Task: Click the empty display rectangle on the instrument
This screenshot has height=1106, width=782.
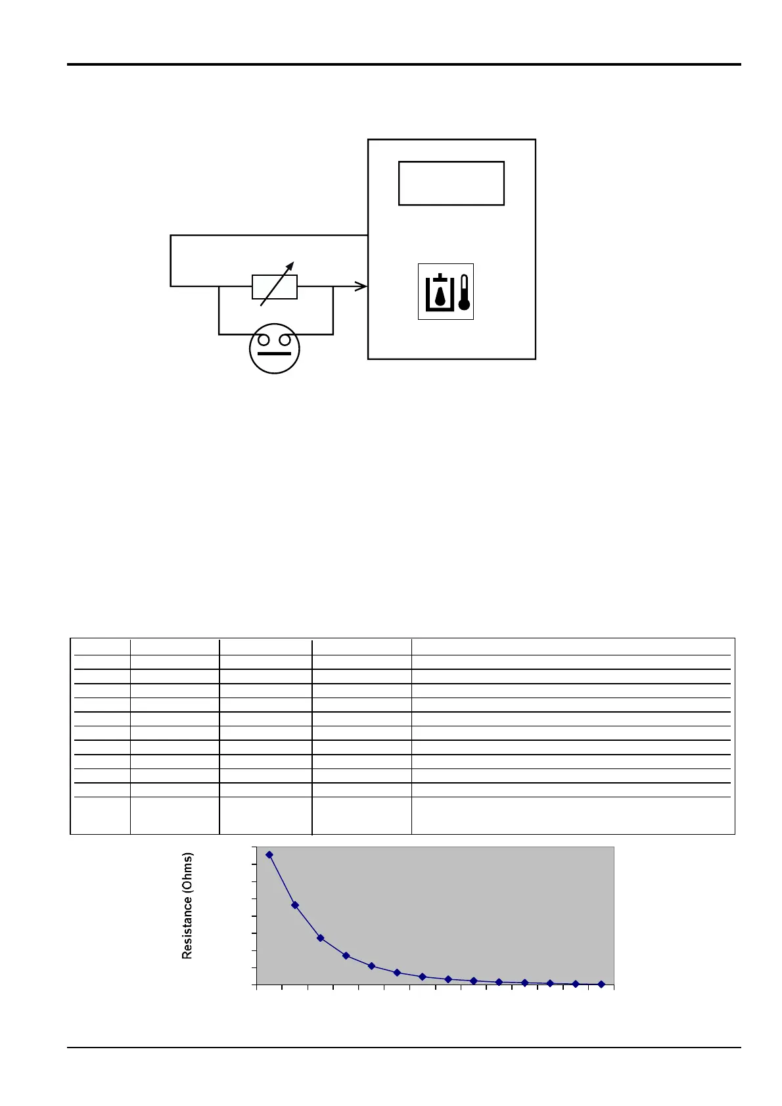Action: tap(451, 183)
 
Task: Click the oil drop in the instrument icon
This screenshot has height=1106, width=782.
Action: tap(440, 295)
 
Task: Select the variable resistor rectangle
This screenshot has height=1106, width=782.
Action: tap(275, 287)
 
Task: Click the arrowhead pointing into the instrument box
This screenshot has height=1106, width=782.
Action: tap(362, 286)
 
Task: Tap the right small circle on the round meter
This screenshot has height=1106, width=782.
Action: tap(285, 340)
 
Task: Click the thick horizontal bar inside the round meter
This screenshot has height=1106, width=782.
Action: tap(274, 353)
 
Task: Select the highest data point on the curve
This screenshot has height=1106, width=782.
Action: tap(269, 854)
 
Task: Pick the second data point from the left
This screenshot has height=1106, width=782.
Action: tap(295, 905)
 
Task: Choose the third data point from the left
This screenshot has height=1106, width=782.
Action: tap(320, 938)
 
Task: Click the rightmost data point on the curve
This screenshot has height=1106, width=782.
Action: tap(601, 984)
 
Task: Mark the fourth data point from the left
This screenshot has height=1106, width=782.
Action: tap(346, 956)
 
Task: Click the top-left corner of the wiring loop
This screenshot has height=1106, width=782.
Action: tap(171, 235)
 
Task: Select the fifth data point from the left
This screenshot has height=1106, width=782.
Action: tap(371, 966)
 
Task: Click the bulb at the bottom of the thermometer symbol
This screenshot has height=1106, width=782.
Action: tap(464, 304)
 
